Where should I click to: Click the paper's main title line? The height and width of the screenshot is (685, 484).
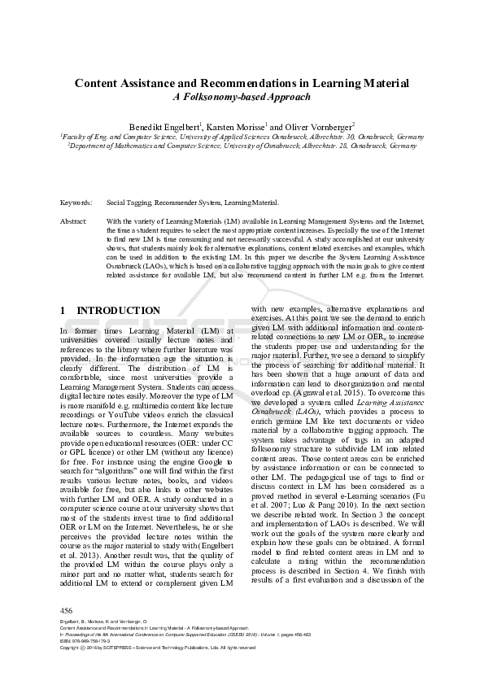tap(242, 83)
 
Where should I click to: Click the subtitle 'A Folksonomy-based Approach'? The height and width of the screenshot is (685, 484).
tap(242, 97)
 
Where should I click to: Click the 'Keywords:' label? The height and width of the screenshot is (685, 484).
tap(76, 202)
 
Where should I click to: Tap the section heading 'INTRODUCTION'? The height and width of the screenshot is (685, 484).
tap(118, 311)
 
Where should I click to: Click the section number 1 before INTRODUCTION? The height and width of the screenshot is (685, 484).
tap(63, 311)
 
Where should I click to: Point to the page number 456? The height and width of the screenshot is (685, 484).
tap(67, 609)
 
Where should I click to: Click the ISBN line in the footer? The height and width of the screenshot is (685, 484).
tap(85, 640)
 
